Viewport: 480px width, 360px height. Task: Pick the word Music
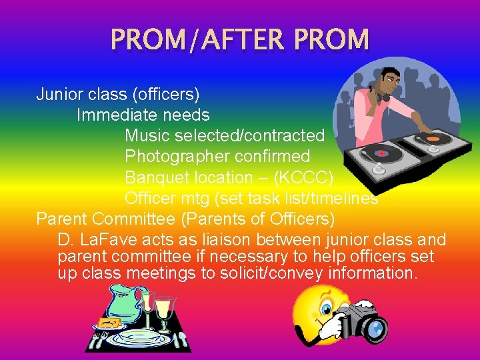(147, 136)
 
